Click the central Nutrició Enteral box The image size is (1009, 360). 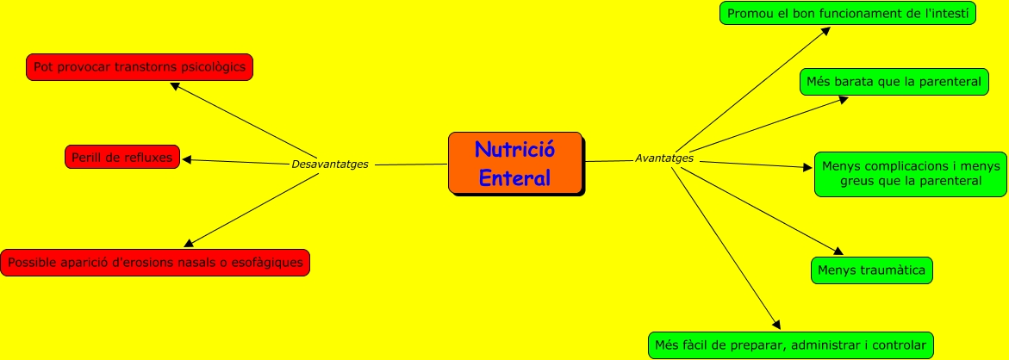coord(515,163)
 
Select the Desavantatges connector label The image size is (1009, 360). coord(330,164)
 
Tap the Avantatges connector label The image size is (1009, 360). coord(664,158)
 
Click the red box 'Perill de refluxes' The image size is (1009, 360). coord(122,158)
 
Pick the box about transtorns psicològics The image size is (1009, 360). coord(140,66)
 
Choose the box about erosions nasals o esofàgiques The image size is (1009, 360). coord(155,263)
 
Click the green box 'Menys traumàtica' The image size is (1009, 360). coord(872,270)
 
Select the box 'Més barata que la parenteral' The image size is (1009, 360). coord(894,82)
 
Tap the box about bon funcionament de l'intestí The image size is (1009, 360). coord(847,14)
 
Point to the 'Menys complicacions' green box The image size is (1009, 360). coord(911,174)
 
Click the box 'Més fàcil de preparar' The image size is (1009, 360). coord(790,345)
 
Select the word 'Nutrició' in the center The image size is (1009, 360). coord(514,150)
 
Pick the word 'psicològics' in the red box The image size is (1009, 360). coord(212,66)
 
